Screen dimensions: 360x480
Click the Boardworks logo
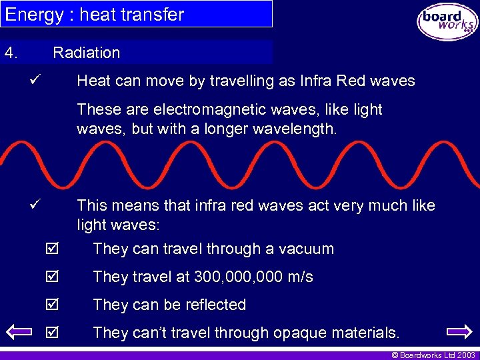click(x=447, y=23)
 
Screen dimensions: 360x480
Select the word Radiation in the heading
click(x=87, y=53)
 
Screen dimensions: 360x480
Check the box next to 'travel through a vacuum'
click(x=53, y=249)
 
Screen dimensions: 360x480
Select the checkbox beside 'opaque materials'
click(x=53, y=333)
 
